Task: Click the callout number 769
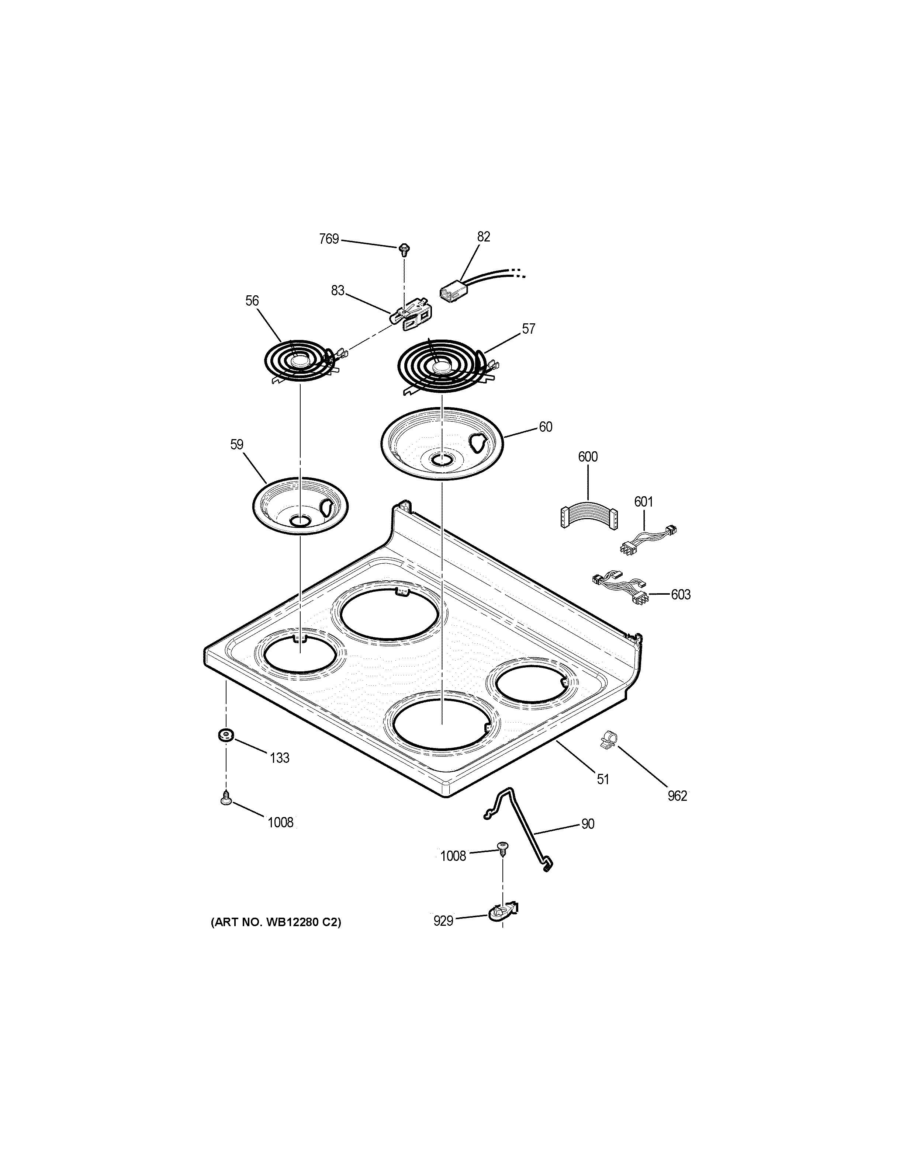click(329, 239)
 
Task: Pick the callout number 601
click(644, 502)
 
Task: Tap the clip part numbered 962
click(607, 740)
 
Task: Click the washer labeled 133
click(225, 735)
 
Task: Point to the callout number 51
click(603, 779)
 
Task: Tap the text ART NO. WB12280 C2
click(276, 922)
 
